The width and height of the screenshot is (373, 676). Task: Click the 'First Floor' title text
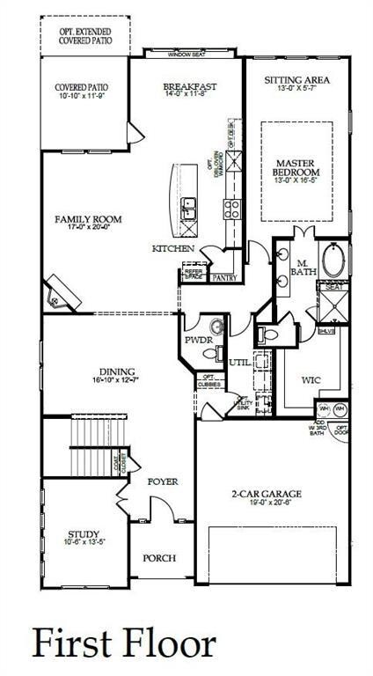[x=123, y=642]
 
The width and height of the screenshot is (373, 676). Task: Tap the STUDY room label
[x=84, y=534]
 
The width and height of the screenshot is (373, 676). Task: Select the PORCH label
[x=159, y=558]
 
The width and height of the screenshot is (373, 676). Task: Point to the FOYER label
[x=162, y=481]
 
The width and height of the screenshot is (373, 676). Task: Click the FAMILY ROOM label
[x=87, y=219]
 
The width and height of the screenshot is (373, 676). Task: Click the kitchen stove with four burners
[x=233, y=209]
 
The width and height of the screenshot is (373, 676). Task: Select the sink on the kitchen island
[x=189, y=208]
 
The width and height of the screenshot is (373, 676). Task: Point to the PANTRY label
[x=226, y=277]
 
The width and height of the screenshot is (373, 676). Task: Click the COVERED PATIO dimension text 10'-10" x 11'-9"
[x=80, y=97]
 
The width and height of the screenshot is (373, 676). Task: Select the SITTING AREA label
[x=296, y=80]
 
